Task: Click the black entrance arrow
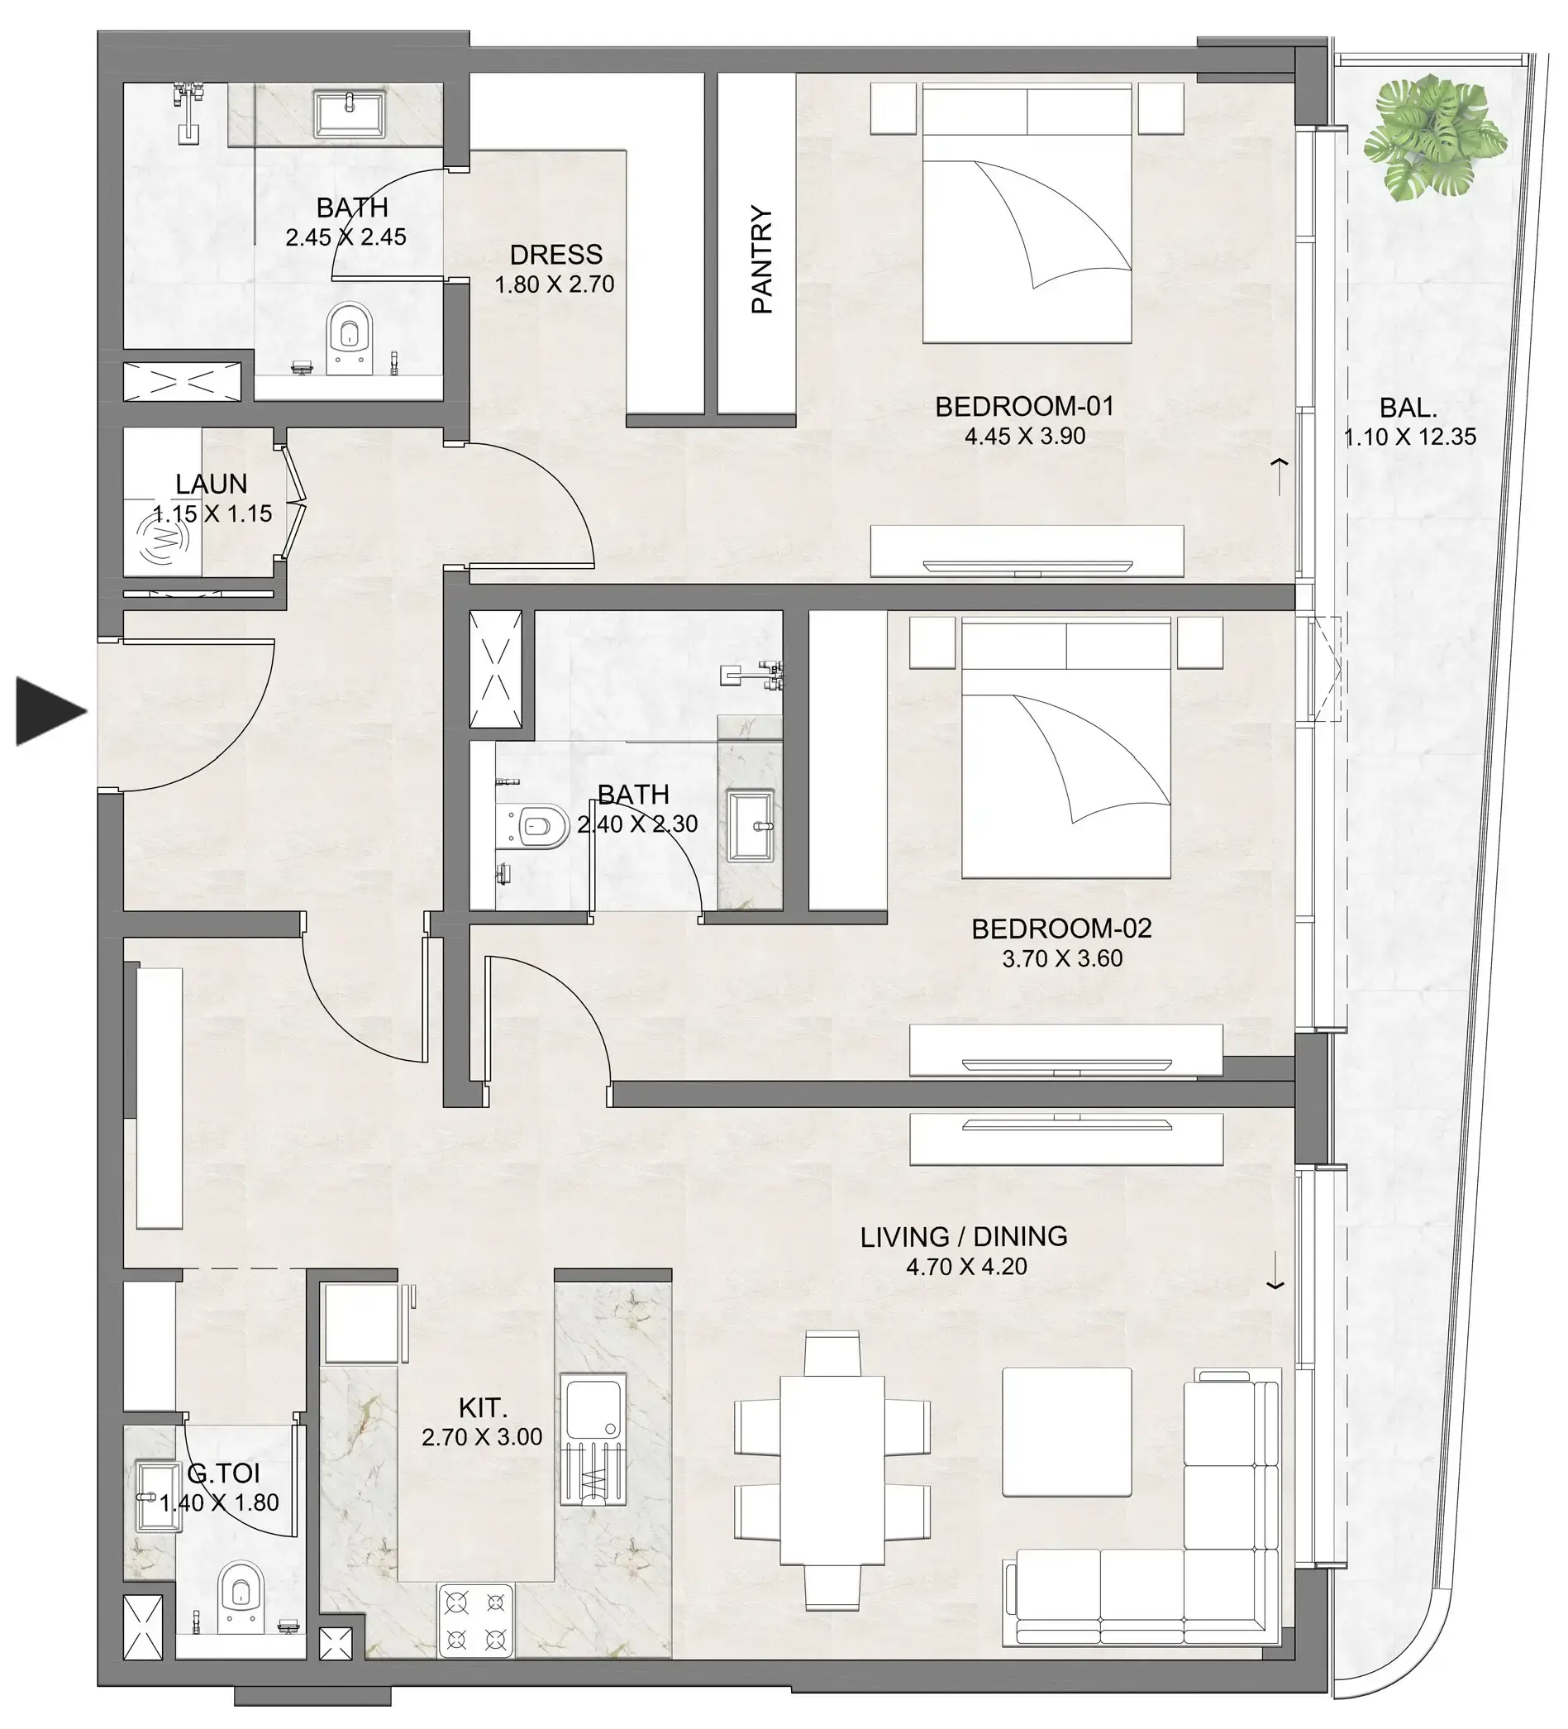click(x=49, y=711)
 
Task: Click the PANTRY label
click(x=761, y=259)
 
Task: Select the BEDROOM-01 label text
click(x=1023, y=406)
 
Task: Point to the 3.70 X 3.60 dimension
click(x=1061, y=958)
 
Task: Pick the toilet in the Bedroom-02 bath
click(x=538, y=827)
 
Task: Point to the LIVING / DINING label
click(x=964, y=1236)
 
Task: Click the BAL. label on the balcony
click(x=1408, y=407)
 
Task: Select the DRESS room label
click(x=555, y=254)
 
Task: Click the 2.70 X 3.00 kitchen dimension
click(x=482, y=1436)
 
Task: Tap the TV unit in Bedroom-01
click(x=1027, y=552)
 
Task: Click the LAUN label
click(x=211, y=484)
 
